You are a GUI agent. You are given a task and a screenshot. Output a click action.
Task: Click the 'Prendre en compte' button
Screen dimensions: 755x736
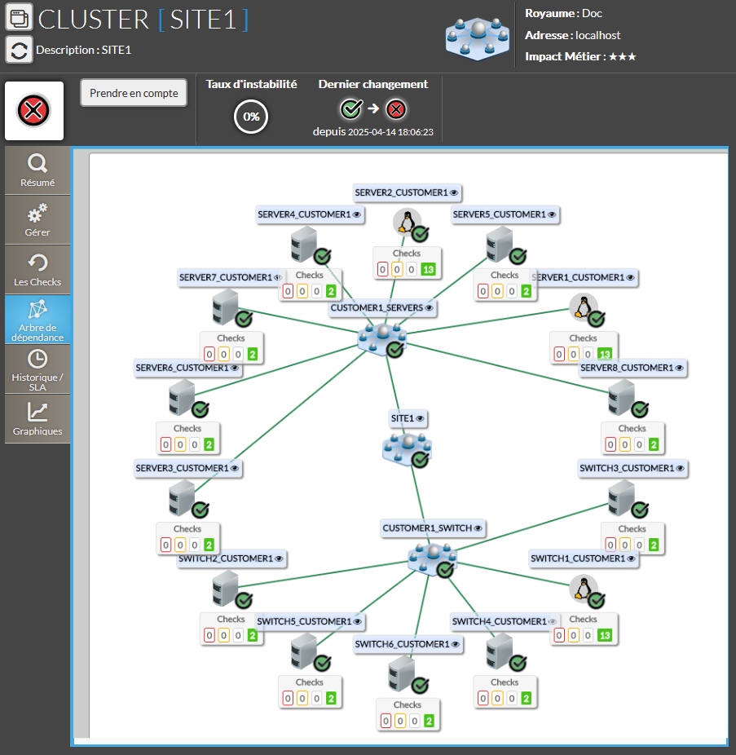(134, 93)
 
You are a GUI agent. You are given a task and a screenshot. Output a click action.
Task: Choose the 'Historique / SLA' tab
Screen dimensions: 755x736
(37, 369)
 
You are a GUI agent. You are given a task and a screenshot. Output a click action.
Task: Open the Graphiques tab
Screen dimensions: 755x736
(37, 419)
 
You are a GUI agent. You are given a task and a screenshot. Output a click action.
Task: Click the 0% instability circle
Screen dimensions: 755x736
(251, 117)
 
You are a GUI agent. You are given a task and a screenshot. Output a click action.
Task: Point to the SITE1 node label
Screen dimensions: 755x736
(403, 418)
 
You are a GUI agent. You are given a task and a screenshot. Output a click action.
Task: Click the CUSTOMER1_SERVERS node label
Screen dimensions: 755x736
(377, 308)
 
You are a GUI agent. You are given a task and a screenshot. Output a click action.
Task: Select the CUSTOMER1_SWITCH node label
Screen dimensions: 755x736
(427, 528)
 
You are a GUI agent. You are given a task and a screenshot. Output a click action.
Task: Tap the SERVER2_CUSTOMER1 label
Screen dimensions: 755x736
(401, 192)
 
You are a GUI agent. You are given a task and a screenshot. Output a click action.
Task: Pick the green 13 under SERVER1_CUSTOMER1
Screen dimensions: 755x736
(604, 355)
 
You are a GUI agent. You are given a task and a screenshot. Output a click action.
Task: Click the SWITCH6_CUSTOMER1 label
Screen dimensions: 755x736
(402, 644)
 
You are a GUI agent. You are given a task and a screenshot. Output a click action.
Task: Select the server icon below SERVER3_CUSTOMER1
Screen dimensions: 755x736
(181, 497)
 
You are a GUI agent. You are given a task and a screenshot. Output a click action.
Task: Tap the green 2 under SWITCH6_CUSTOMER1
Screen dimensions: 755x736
(429, 722)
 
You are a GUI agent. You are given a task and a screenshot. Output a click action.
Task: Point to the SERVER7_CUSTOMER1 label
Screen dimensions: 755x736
(225, 277)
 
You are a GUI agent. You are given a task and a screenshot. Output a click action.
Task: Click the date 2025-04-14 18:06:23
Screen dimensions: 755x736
(390, 132)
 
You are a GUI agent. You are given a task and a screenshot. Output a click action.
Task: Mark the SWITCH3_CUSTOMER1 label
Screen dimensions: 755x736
(627, 468)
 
